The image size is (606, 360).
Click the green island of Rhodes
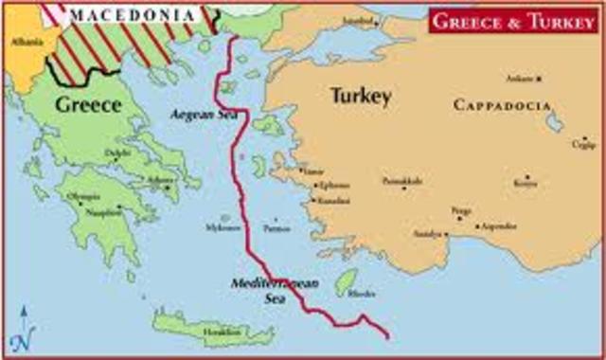347,279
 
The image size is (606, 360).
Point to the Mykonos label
223,228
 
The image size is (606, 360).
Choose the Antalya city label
429,233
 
